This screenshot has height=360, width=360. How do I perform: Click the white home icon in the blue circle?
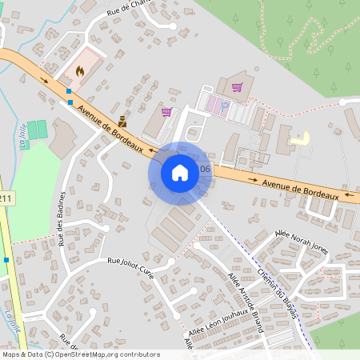[x=180, y=172]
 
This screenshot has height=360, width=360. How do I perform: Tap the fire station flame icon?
[x=80, y=70]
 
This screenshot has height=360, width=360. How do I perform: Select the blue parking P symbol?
[x=224, y=105]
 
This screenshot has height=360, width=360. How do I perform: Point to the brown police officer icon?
[x=122, y=122]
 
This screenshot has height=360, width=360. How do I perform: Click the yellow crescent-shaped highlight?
[x=302, y=138]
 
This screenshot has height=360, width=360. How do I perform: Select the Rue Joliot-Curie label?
[x=130, y=262]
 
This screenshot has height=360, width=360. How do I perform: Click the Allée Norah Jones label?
[x=301, y=241]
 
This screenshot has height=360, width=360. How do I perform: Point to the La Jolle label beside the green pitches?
[x=25, y=139]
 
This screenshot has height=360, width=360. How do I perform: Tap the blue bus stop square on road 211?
[x=6, y=259]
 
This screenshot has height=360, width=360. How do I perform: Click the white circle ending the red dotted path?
[x=342, y=102]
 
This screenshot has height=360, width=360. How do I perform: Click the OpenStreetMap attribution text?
[x=80, y=354]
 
